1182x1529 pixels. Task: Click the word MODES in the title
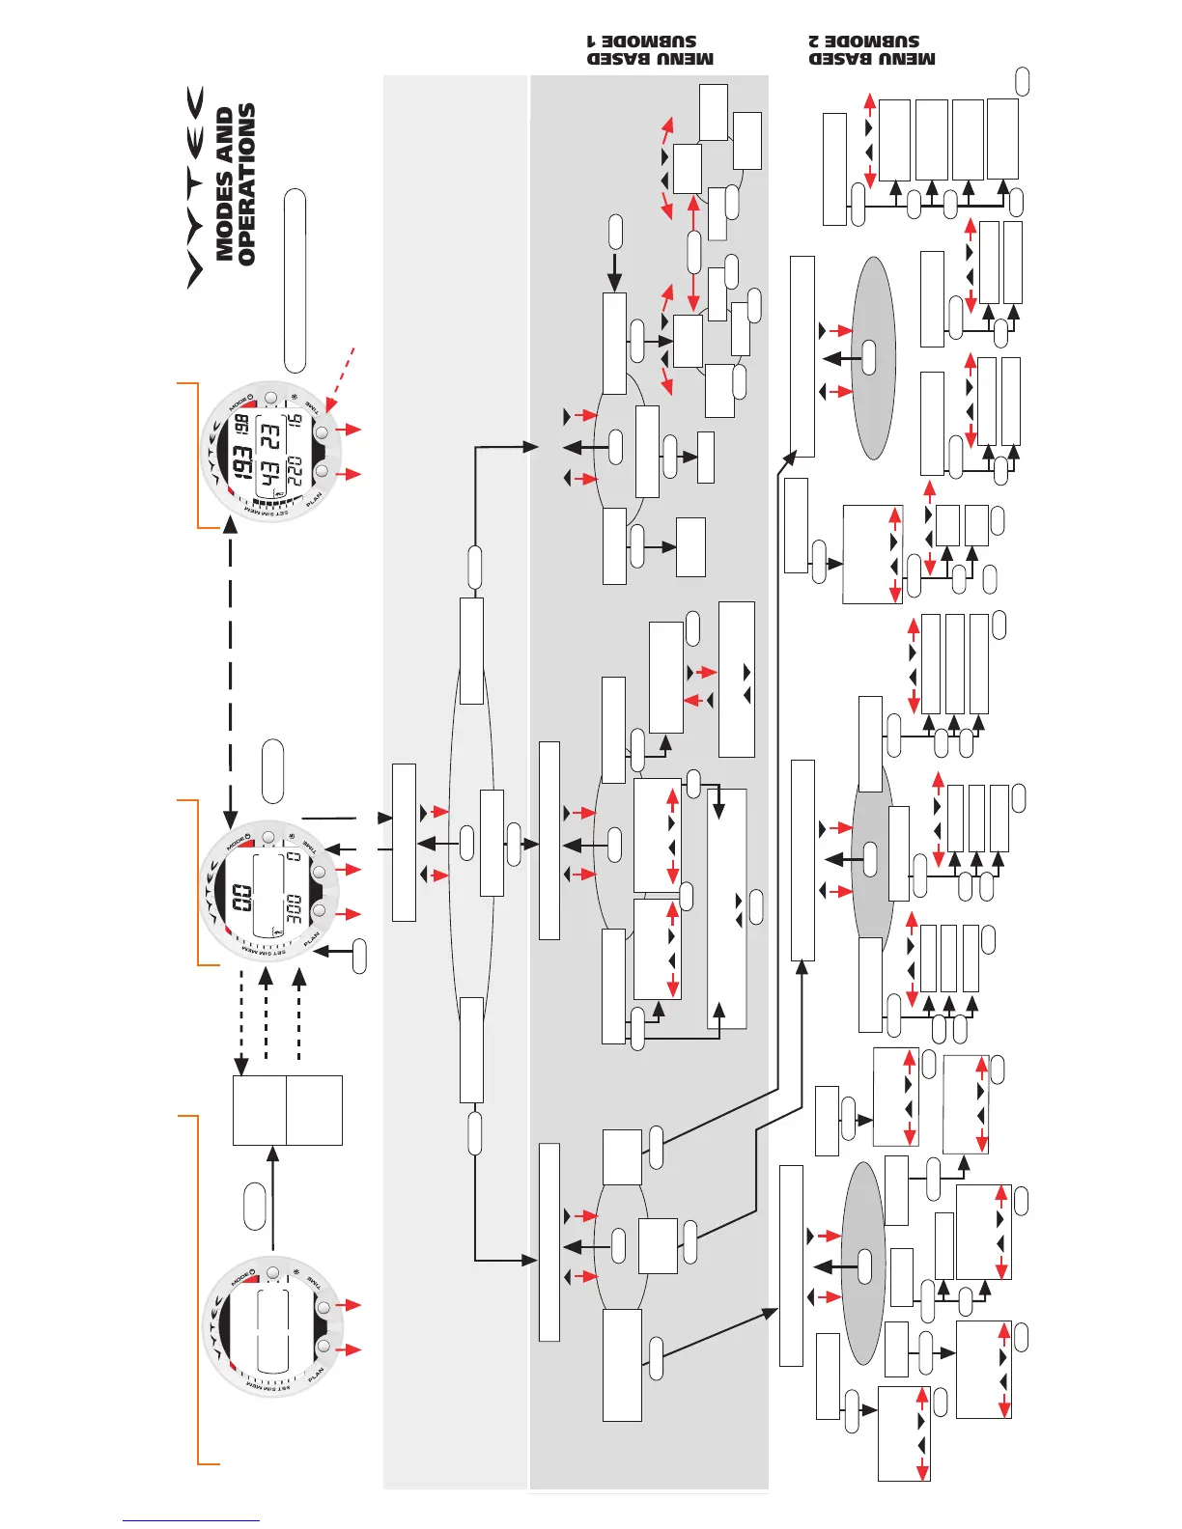[x=225, y=184]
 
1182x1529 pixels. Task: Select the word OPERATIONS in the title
[x=247, y=184]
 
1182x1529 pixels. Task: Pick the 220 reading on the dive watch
[x=294, y=471]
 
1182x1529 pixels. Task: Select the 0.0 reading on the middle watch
[x=241, y=898]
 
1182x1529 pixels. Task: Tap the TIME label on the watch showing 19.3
[x=313, y=406]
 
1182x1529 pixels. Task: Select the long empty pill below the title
[x=295, y=281]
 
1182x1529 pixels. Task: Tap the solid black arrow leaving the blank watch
[x=274, y=1197]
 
